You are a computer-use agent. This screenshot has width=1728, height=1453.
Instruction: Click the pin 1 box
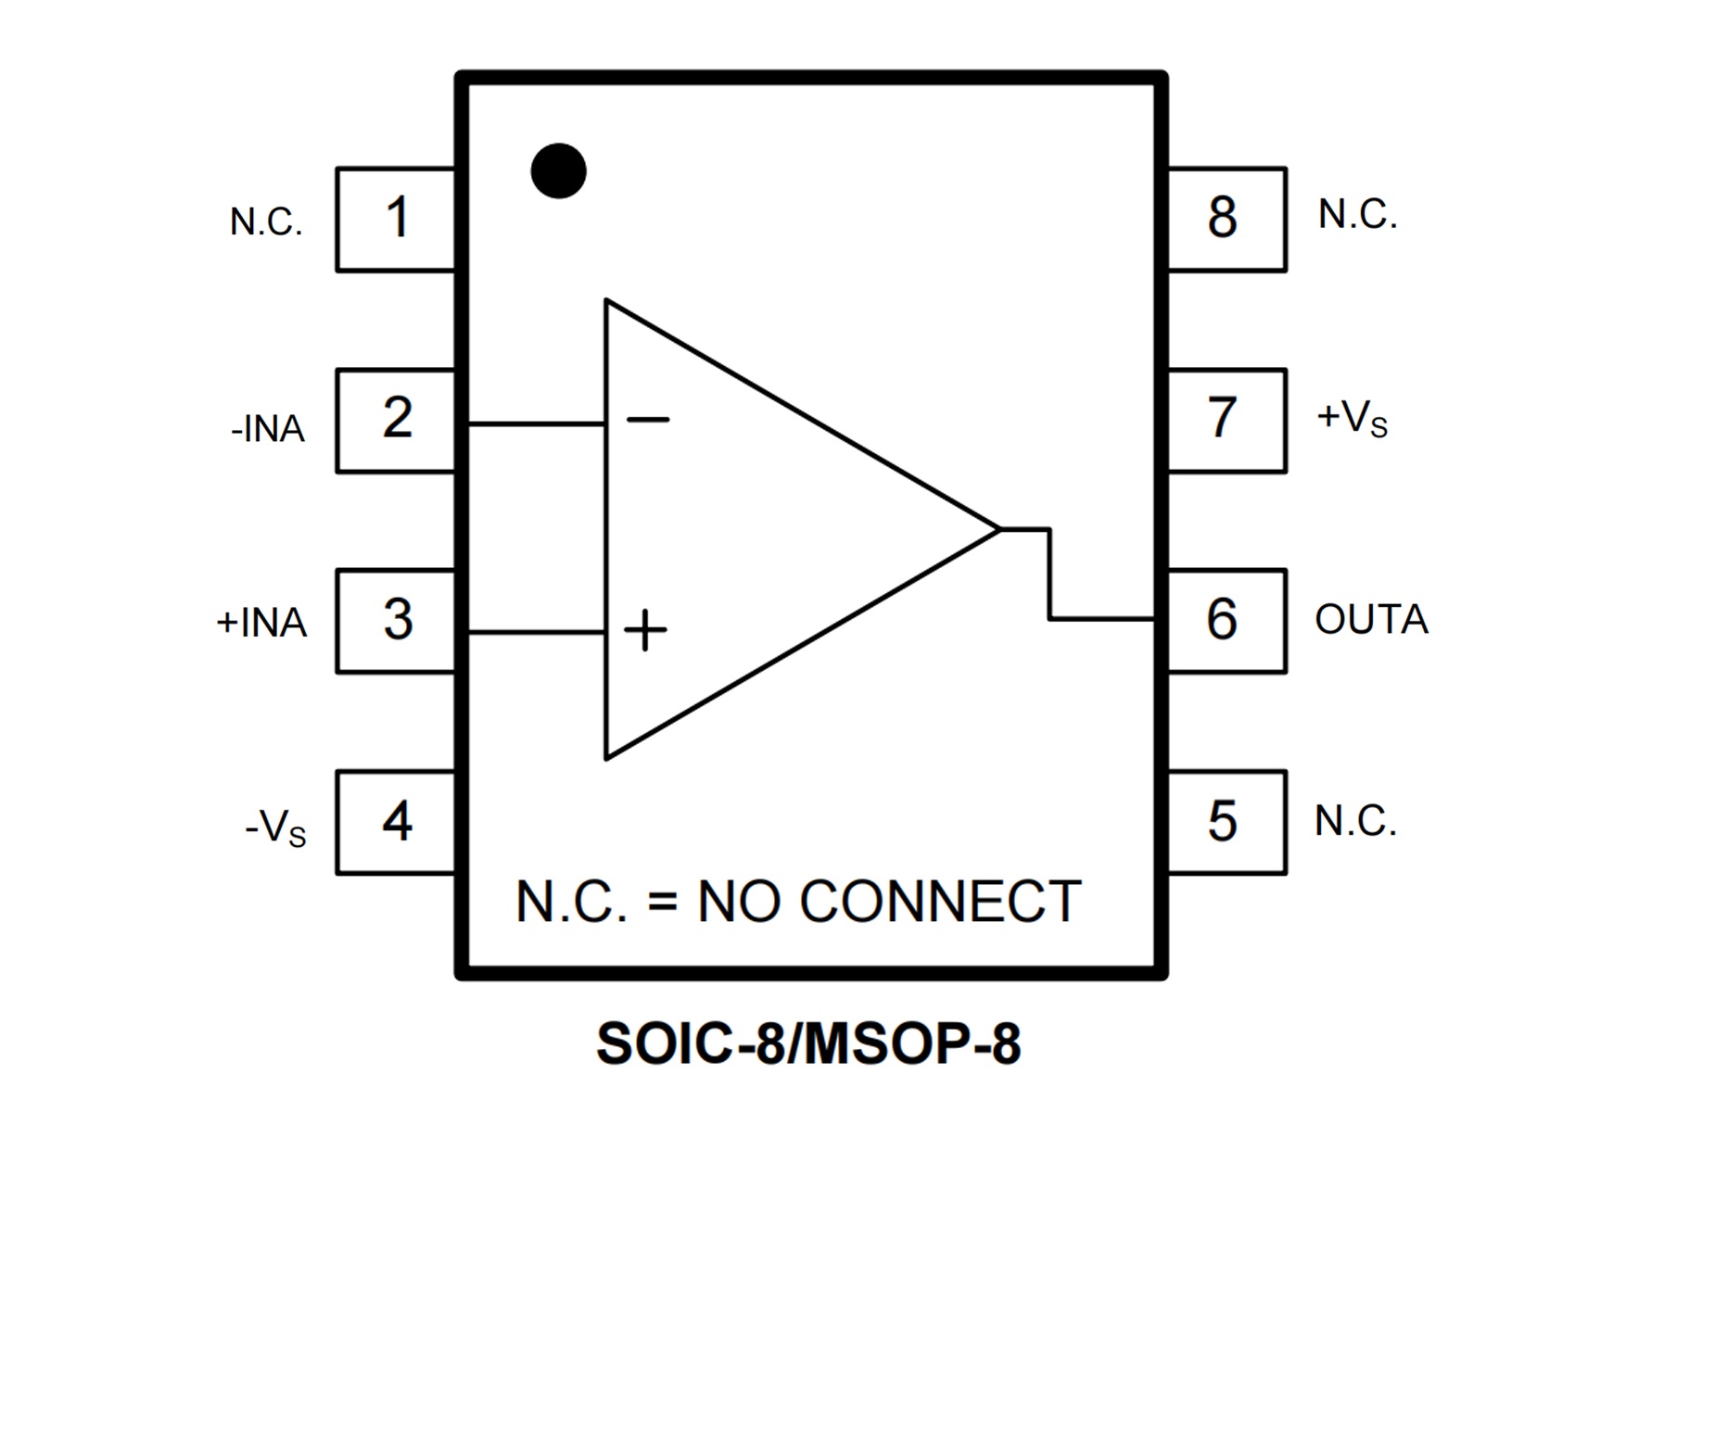pos(396,220)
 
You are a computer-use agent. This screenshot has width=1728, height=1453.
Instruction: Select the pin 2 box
pos(396,421)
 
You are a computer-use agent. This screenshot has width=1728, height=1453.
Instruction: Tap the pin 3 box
pos(396,621)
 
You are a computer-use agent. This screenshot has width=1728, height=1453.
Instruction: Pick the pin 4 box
pos(396,822)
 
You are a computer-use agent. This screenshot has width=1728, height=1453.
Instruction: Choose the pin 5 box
pos(1226,822)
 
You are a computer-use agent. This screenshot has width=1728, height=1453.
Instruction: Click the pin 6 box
pos(1226,621)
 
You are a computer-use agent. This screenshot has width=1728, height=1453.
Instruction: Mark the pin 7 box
pos(1226,421)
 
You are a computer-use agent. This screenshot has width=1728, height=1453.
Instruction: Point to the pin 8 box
pos(1226,220)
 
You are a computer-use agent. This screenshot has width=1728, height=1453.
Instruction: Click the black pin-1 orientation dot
pos(558,171)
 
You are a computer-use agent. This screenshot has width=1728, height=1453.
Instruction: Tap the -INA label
pos(268,429)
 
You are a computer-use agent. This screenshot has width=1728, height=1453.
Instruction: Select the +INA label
pos(261,623)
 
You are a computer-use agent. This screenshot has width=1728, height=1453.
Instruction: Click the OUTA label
pos(1371,620)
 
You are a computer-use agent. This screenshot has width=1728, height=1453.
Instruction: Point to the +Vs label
pos(1352,419)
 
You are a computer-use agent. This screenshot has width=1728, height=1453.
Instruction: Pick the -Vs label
pos(275,827)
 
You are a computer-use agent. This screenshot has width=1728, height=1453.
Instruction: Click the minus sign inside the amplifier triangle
pos(647,421)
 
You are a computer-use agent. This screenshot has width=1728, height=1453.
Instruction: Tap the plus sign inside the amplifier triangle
pos(645,631)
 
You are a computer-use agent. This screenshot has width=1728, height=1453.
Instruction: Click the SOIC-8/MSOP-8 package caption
pos(808,1044)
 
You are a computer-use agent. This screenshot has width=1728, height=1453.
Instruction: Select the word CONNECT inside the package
pos(939,902)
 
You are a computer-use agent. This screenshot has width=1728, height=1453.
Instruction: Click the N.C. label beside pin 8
pos(1357,215)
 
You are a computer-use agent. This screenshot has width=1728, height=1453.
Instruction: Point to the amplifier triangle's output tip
pos(999,529)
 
